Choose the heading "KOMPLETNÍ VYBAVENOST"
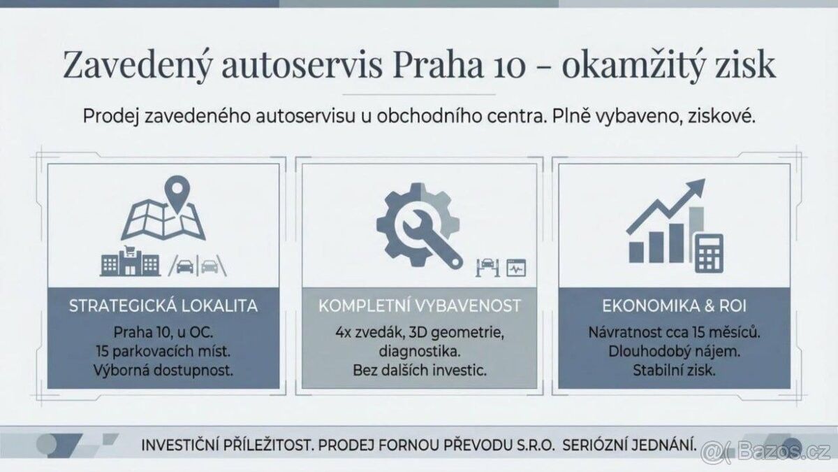(419, 306)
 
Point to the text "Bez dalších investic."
(419, 370)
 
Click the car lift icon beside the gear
(487, 266)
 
